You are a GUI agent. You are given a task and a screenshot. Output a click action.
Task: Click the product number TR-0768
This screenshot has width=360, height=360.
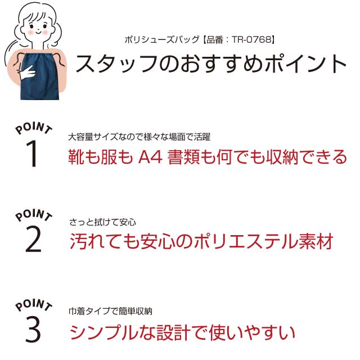coord(251,40)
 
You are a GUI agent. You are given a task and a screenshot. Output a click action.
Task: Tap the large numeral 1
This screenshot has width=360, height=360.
coord(32,153)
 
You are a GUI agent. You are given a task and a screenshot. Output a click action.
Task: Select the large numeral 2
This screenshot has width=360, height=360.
coord(33,238)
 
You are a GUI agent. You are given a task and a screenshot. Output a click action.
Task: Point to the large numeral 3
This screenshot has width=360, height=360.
coord(33,328)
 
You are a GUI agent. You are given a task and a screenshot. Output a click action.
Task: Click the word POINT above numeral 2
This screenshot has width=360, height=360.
coord(34,215)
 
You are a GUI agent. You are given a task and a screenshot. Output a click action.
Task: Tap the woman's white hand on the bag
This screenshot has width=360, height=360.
coord(27,73)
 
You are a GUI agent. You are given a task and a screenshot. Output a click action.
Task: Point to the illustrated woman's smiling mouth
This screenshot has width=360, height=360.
coord(38,31)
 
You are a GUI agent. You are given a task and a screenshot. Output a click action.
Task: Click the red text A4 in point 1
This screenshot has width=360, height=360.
coord(151,157)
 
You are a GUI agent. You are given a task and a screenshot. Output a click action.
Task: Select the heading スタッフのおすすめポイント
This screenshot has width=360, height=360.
coord(211,64)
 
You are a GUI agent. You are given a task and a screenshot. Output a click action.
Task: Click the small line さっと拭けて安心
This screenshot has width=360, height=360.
coord(102,222)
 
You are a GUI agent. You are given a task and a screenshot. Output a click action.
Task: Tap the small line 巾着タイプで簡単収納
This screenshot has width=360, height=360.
coord(110,311)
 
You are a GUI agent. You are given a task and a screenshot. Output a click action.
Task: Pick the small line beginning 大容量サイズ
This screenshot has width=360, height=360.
coord(139,137)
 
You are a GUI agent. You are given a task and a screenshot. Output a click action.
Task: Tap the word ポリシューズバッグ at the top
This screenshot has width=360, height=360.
coord(162,40)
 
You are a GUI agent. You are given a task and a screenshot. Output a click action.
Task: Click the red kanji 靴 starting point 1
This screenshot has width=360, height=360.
coord(76,157)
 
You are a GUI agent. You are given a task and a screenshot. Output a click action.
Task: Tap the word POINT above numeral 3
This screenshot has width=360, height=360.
coord(34,305)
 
